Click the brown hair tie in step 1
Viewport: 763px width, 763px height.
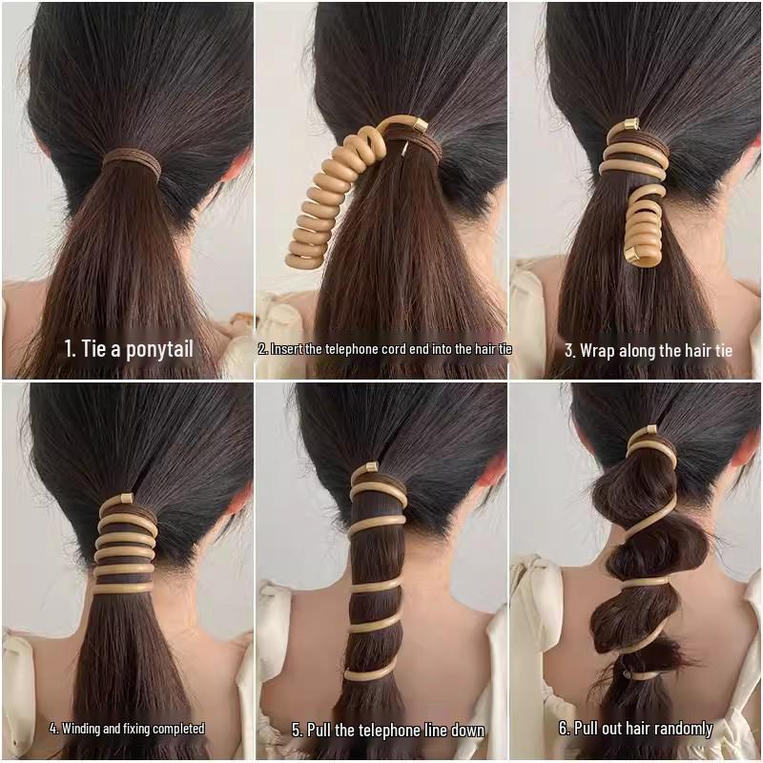[x=132, y=163]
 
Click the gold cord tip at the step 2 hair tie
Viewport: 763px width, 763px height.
[x=419, y=125]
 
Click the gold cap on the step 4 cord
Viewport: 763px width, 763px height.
[x=125, y=500]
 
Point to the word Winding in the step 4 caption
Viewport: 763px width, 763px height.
[x=83, y=729]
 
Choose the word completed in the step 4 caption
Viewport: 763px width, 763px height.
[x=176, y=729]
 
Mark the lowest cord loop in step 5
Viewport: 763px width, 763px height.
[x=370, y=673]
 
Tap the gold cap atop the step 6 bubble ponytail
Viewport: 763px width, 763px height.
[x=649, y=431]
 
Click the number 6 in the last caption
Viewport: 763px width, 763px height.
[x=564, y=729]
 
